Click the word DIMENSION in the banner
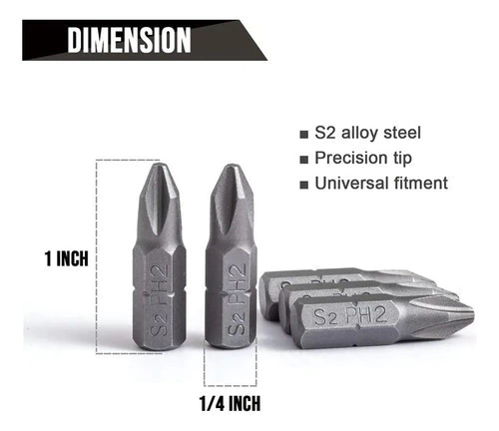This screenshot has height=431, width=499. coord(129,40)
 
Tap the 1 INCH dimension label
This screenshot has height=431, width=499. coord(67,258)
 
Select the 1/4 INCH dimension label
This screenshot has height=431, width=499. coord(230,403)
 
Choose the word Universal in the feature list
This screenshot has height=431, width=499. coord(351,184)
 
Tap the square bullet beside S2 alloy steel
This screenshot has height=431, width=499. coord(303,135)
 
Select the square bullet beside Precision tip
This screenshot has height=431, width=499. coord(303,160)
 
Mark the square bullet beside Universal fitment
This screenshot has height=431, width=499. coord(303,185)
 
